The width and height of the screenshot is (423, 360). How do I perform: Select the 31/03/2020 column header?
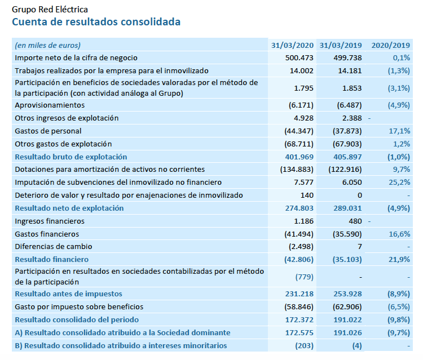point(292,45)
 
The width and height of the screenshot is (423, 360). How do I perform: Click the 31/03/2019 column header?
point(340,45)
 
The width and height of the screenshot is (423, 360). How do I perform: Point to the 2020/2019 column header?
point(390,45)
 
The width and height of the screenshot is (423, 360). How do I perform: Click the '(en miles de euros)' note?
point(48,45)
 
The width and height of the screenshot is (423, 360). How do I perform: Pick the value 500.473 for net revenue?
point(299,58)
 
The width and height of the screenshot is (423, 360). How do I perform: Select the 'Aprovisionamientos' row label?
point(50,105)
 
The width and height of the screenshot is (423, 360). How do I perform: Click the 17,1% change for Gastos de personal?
point(400,131)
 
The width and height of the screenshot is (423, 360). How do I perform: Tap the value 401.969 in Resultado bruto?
point(299,157)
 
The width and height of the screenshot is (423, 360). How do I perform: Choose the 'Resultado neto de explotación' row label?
point(69,208)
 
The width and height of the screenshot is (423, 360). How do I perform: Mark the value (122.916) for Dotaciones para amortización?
point(345,170)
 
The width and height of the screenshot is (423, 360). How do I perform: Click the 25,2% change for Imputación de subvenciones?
point(400,183)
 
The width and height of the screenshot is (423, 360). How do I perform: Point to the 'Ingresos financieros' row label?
point(50,221)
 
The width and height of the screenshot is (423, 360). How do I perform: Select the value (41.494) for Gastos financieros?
point(297,234)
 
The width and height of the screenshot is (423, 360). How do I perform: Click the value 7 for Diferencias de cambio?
point(359,247)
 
